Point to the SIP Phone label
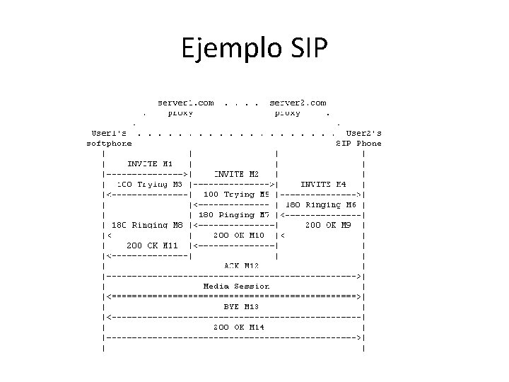(x=358, y=143)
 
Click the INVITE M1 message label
(x=146, y=163)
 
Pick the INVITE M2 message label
(x=236, y=173)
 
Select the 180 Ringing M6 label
(x=322, y=204)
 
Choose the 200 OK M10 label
(x=238, y=234)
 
